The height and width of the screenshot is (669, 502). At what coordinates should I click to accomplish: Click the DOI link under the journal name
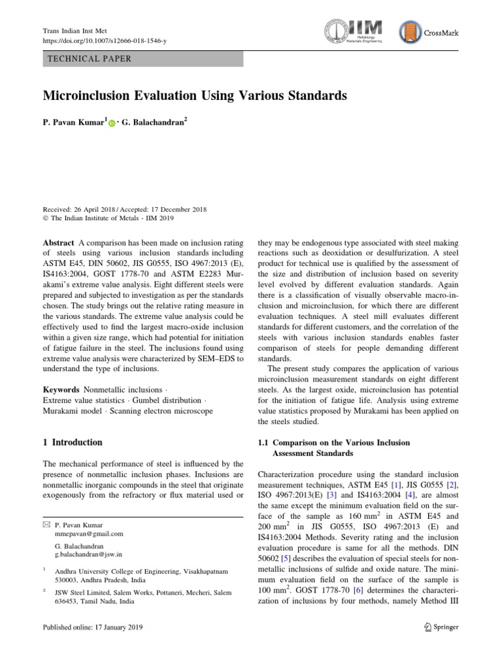[104, 41]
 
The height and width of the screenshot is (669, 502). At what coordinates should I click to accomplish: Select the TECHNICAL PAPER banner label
[90, 59]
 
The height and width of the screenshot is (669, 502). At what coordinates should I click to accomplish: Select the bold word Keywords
[62, 389]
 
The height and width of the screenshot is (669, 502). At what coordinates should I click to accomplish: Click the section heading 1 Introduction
[72, 442]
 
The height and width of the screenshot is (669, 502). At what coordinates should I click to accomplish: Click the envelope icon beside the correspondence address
[45, 525]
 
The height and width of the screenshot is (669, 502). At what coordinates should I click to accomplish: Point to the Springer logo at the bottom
[437, 627]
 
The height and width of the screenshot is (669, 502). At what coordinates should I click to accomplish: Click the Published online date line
[92, 627]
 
